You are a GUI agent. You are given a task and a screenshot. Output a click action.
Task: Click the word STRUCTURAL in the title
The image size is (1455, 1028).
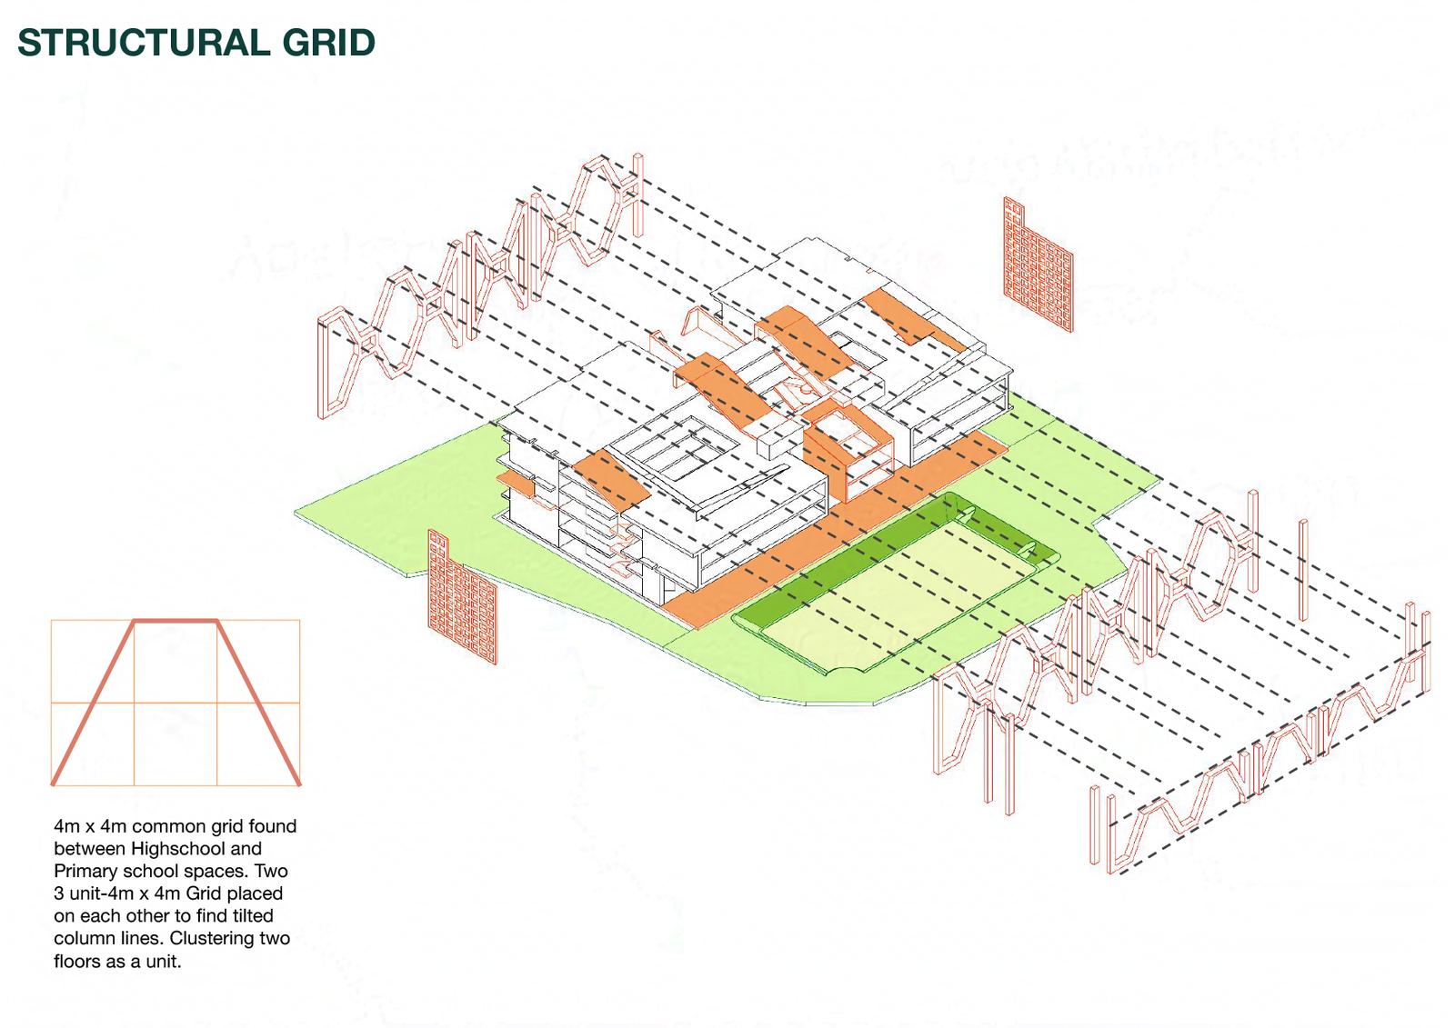[x=145, y=43]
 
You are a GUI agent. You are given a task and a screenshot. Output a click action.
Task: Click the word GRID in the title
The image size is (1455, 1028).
[x=328, y=43]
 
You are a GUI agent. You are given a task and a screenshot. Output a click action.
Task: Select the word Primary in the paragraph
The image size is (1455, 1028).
[x=83, y=872]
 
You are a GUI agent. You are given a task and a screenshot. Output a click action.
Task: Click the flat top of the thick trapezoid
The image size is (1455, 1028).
[x=176, y=622]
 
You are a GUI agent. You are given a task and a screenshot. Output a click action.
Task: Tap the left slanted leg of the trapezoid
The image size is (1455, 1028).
[x=93, y=704]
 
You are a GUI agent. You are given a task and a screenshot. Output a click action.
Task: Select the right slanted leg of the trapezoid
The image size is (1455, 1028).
[x=258, y=704]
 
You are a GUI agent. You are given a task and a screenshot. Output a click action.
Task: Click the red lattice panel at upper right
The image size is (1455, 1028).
[x=1038, y=265]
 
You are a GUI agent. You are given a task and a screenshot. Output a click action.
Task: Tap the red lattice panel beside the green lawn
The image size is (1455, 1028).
[x=462, y=597]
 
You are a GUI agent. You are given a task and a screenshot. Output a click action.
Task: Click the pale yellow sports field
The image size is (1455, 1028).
[x=897, y=594]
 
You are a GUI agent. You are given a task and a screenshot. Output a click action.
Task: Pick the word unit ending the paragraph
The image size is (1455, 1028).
[x=163, y=961]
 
